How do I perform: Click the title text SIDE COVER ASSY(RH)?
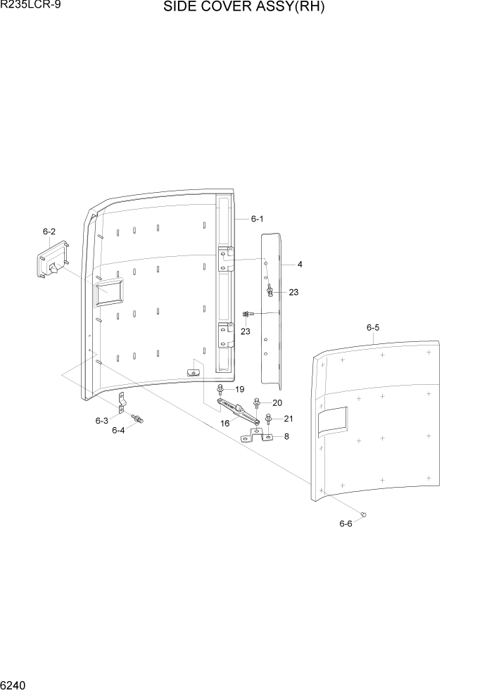pos(244,8)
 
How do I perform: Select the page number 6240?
pos(15,685)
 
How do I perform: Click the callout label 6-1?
pos(257,219)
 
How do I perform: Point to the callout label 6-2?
pos(49,231)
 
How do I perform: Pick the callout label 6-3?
pos(101,421)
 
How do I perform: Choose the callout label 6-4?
pos(118,430)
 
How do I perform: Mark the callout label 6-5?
pos(373,327)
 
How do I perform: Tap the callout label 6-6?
pos(345,523)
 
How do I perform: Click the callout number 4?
pos(300,265)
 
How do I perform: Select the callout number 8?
pos(286,436)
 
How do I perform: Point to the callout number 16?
pos(225,424)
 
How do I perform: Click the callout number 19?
pos(239,389)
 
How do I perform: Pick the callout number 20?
pos(277,402)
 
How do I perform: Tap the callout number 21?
pos(288,419)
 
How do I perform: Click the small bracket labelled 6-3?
pos(121,402)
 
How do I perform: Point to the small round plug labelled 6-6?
pos(363,516)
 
